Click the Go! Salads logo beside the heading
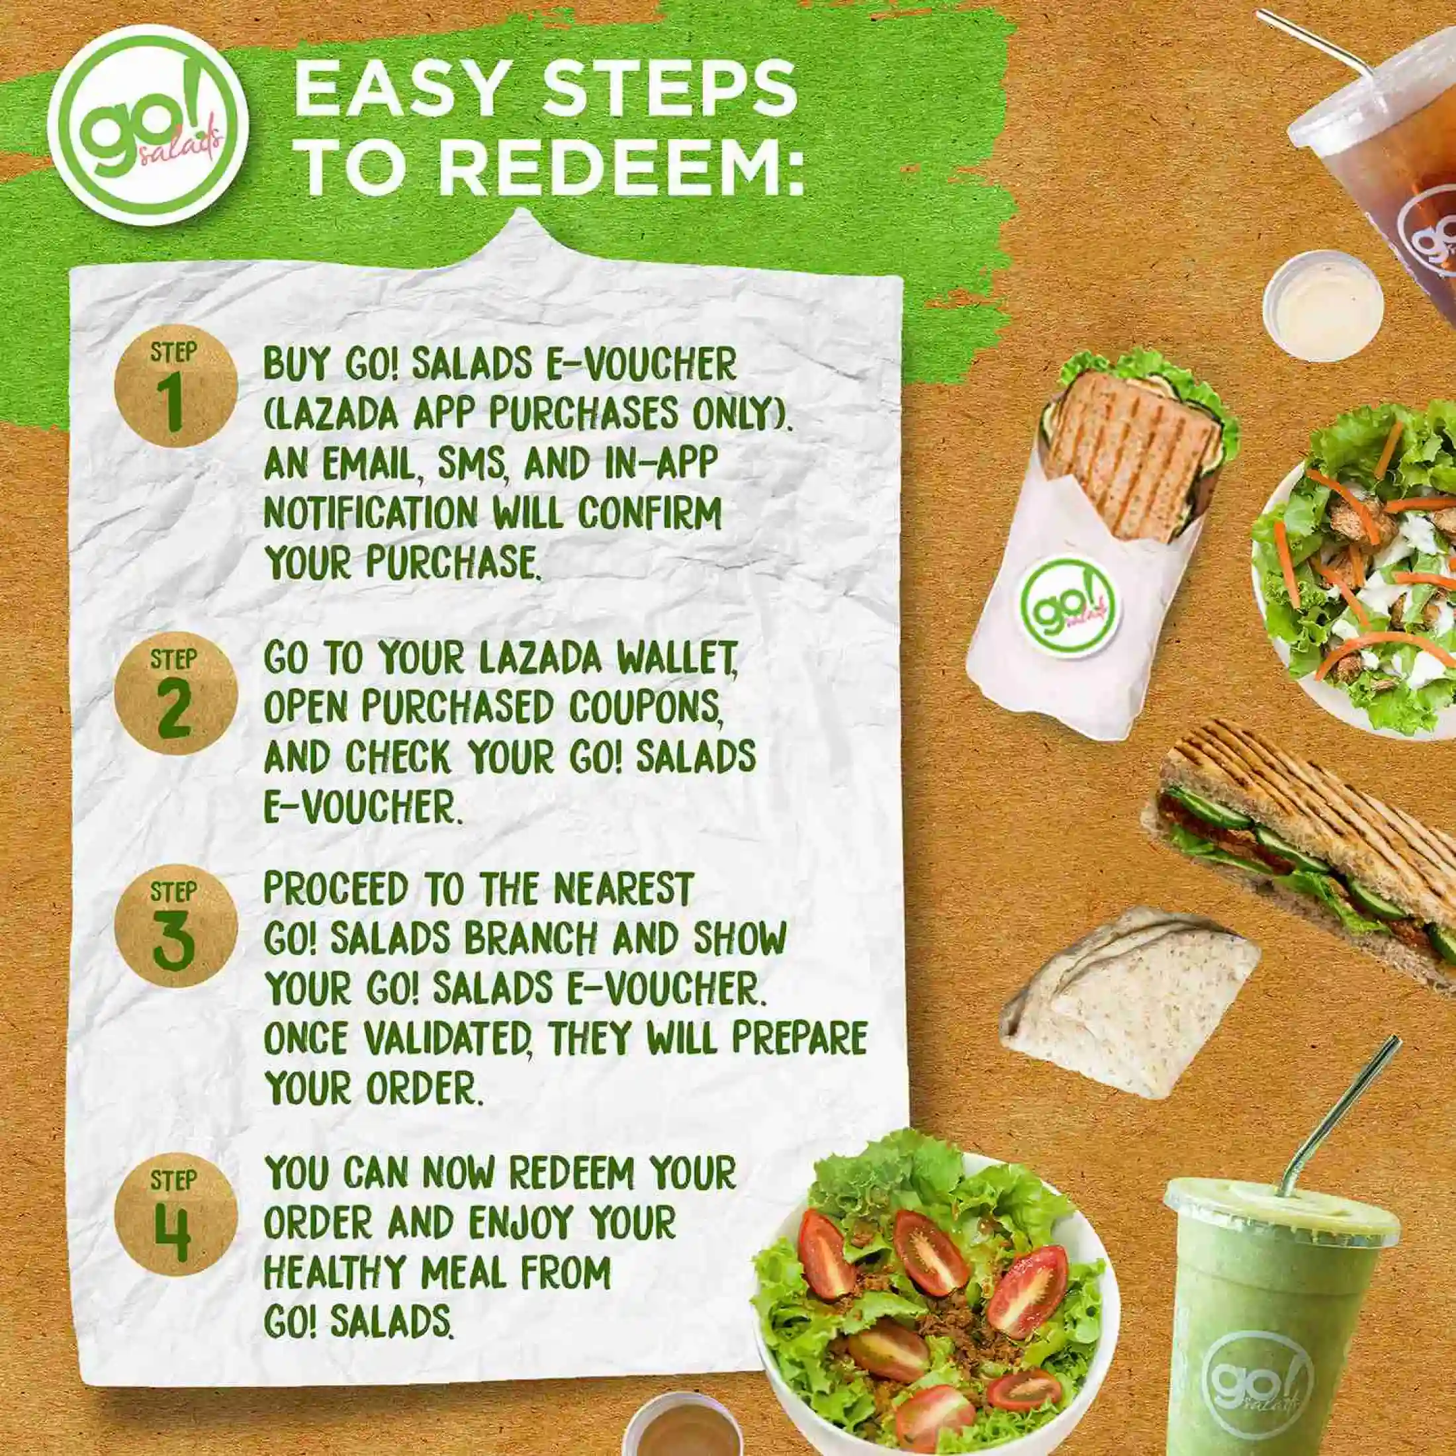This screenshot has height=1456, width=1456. coord(148,125)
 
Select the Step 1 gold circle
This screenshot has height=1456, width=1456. coord(175,387)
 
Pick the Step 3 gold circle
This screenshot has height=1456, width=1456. coord(175,926)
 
